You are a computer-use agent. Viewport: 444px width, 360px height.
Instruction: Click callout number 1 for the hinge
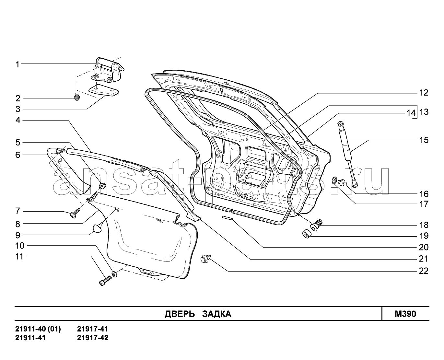(18, 64)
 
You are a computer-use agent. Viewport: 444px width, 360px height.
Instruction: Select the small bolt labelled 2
(77, 96)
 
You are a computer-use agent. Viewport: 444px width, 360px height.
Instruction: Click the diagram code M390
(405, 314)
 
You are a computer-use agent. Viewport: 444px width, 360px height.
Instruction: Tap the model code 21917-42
(93, 338)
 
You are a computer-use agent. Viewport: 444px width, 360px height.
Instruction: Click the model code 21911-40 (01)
(38, 329)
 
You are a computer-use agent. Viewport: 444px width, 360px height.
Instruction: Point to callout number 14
(411, 113)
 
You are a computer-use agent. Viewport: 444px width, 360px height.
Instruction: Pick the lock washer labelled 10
(114, 274)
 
